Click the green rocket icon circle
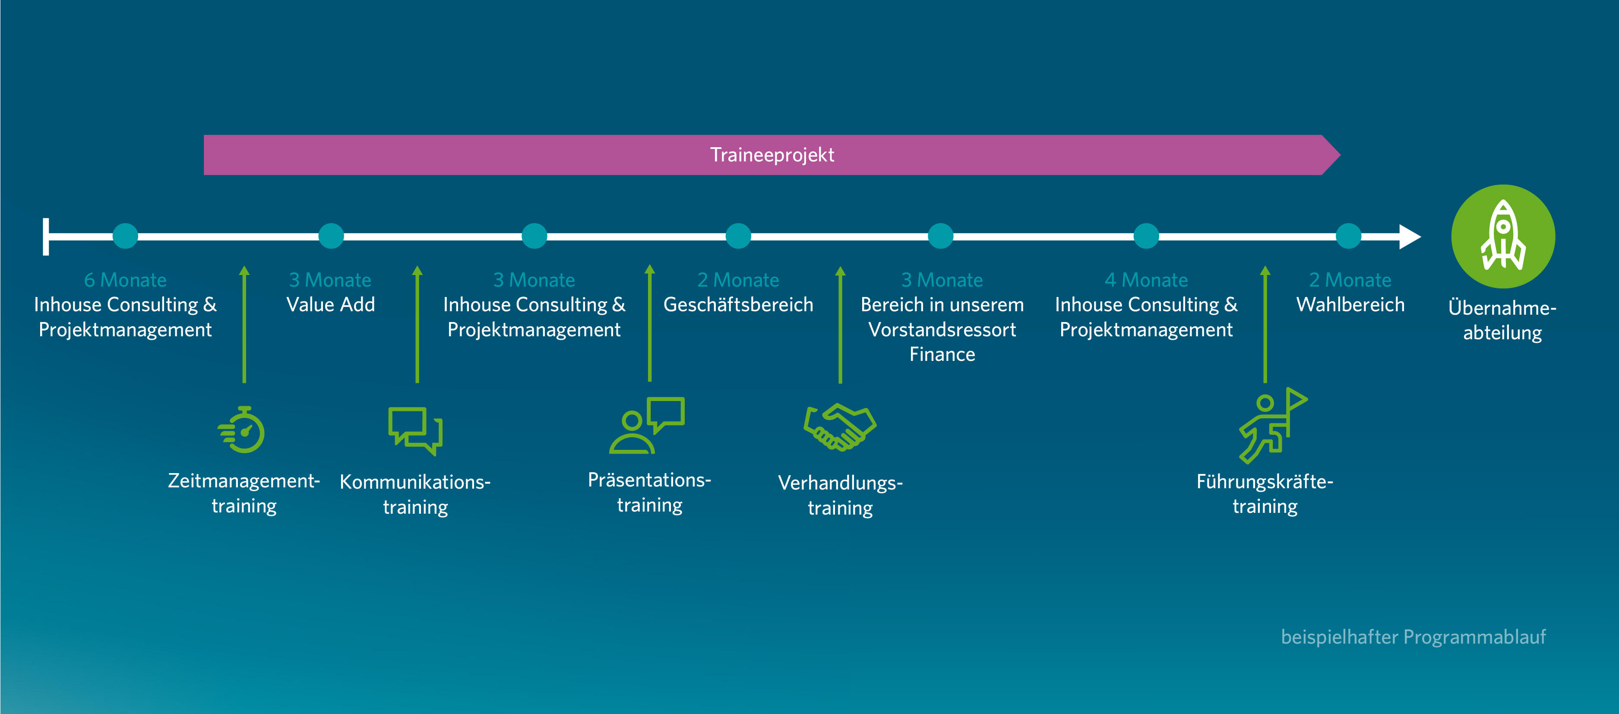coord(1503,236)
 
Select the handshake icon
coord(840,427)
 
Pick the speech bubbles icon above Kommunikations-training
coord(415,430)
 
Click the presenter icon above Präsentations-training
coord(647,426)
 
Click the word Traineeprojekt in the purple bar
coord(772,155)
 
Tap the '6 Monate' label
coord(126,280)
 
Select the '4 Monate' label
coord(1146,280)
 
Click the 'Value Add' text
coord(331,305)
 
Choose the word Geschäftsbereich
coord(739,305)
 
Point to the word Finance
coord(942,354)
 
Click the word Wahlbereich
coord(1350,305)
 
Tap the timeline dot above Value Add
coord(331,236)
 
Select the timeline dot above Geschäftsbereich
coord(739,236)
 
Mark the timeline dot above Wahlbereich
coord(1349,236)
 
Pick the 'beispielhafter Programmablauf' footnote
coord(1413,637)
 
